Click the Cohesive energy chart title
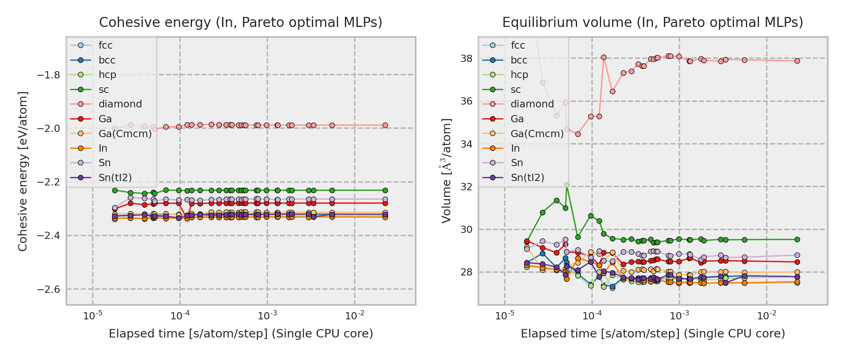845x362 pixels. click(x=241, y=23)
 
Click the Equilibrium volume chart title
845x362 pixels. click(x=653, y=23)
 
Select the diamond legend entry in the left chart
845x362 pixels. click(x=120, y=104)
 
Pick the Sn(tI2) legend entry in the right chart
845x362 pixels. click(x=527, y=177)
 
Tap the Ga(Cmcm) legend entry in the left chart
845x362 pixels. click(x=125, y=134)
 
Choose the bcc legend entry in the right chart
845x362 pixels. click(x=519, y=60)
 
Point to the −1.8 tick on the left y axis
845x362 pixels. click(x=48, y=75)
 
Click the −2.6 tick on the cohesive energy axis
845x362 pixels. click(x=48, y=289)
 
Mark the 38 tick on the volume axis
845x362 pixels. click(x=467, y=59)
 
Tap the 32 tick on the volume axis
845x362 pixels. click(x=467, y=187)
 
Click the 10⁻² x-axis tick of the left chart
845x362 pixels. click(x=354, y=316)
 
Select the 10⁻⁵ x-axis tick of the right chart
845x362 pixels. click(x=505, y=316)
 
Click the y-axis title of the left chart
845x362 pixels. click(x=23, y=171)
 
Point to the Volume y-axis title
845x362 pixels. click(x=446, y=171)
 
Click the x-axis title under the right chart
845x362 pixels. click(x=653, y=334)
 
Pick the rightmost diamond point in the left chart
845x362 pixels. click(x=385, y=125)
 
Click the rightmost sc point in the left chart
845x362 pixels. click(x=385, y=190)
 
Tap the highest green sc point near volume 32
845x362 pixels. click(x=567, y=185)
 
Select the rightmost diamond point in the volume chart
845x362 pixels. click(x=797, y=61)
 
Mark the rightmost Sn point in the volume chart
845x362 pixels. click(x=797, y=255)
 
